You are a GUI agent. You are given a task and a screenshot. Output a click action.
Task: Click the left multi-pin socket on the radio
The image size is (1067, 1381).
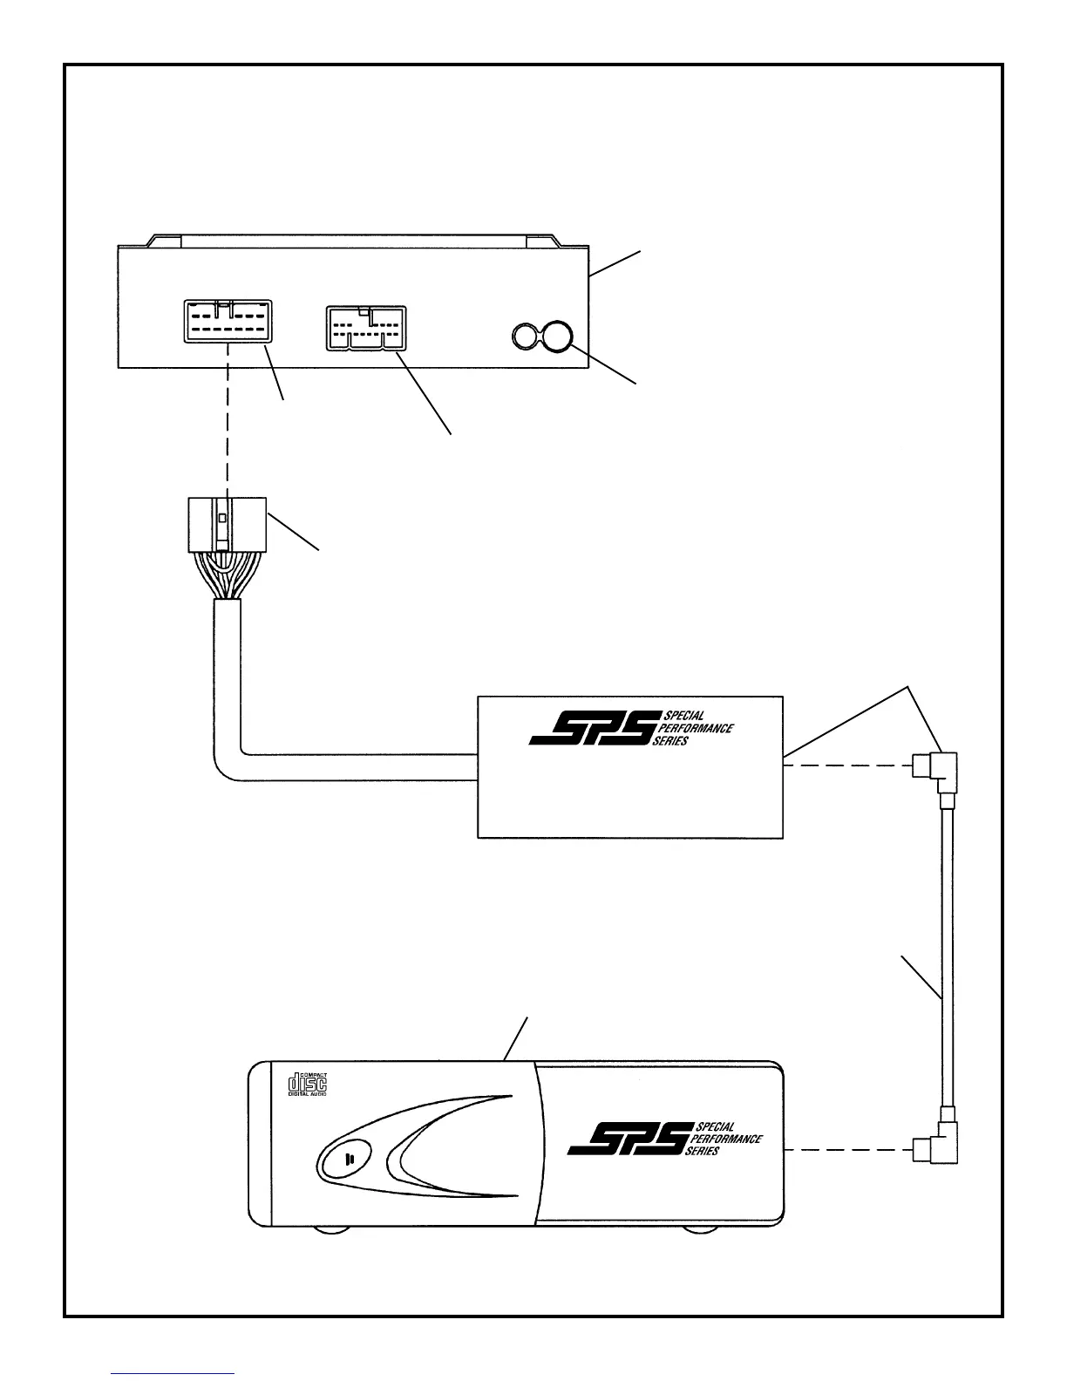coord(228,320)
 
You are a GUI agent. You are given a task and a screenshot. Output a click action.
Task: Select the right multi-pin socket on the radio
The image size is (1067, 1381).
coord(365,328)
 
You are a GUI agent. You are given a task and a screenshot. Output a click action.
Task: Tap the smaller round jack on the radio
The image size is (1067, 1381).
coord(524,336)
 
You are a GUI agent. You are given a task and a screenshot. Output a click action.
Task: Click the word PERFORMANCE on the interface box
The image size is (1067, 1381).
coord(698,729)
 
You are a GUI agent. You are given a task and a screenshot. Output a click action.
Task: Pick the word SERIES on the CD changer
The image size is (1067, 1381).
coord(702,1151)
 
